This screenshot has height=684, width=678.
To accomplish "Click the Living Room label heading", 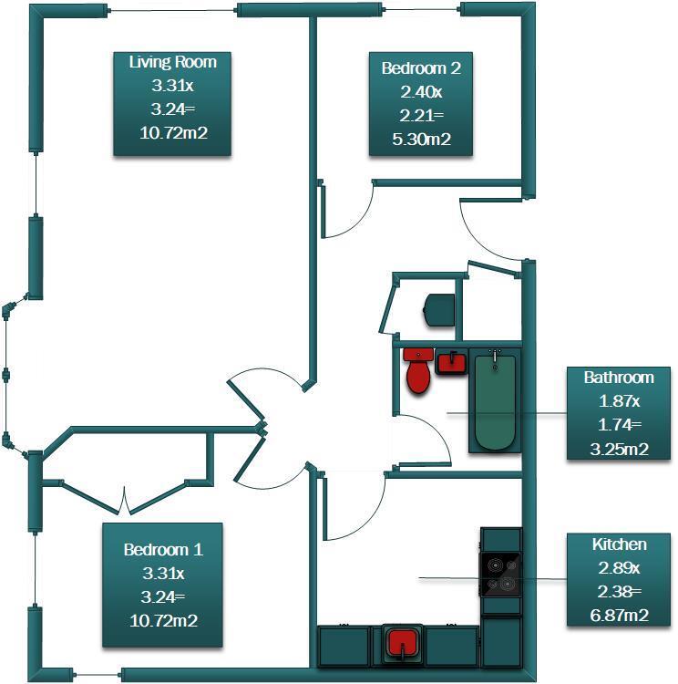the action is click(172, 62).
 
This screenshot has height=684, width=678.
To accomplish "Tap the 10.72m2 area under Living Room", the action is click(172, 133).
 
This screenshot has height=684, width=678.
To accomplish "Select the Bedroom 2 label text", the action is click(415, 67).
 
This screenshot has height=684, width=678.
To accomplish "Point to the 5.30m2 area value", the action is click(415, 140).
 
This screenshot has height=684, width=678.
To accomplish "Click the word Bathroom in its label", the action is click(620, 377).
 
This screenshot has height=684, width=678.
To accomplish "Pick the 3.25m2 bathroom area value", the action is click(620, 448).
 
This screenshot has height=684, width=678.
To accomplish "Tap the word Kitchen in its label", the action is click(620, 544).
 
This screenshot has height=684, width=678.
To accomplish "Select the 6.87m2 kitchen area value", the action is click(620, 616).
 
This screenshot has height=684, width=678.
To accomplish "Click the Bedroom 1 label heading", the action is click(163, 550).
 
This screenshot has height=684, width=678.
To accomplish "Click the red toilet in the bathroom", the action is click(418, 372).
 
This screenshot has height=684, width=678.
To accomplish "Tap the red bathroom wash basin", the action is click(451, 363).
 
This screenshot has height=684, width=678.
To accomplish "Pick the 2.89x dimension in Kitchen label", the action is click(620, 568).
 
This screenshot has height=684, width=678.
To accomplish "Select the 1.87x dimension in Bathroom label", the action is click(620, 400).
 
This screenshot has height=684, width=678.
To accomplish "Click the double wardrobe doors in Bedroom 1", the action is click(122, 499).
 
